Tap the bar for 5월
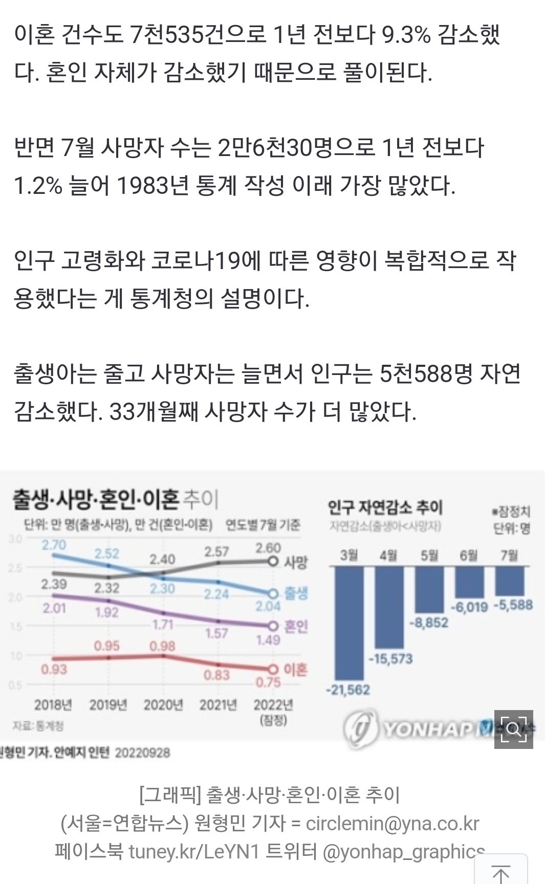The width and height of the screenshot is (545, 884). coord(429,589)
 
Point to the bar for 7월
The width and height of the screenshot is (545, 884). coord(509,581)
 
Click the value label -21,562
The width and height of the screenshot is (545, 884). coord(348,690)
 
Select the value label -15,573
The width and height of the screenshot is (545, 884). coord(390,658)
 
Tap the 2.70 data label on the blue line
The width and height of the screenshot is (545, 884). coord(54,545)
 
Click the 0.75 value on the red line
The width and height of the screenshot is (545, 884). coord(268,682)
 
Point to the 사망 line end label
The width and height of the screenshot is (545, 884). coord(296,563)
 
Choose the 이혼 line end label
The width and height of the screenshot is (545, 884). coord(295,670)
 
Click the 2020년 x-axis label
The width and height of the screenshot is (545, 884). coord(163,705)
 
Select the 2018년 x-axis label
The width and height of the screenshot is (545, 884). coord(53,705)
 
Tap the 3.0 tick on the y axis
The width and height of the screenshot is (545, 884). coord(15,538)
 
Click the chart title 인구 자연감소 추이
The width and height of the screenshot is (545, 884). coord(385,507)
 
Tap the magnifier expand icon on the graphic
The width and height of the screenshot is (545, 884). coord(513,729)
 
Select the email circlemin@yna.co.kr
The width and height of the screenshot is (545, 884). coord(393,823)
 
